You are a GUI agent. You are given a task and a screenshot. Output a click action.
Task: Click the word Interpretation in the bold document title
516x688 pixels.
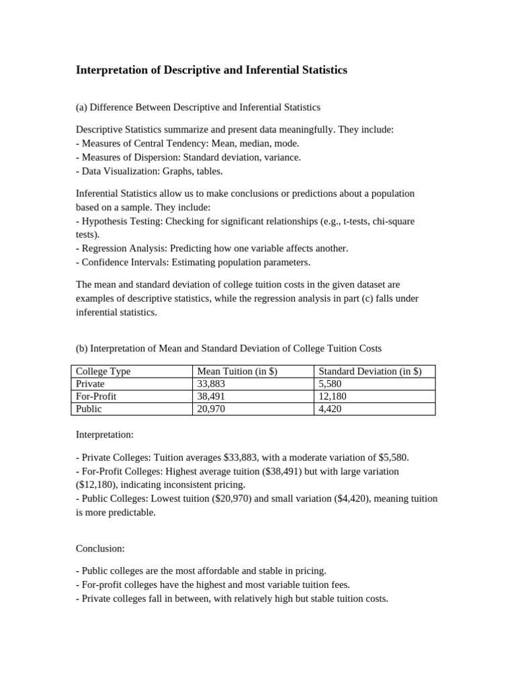point(108,70)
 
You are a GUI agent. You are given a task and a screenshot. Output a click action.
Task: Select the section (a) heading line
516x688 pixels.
point(198,107)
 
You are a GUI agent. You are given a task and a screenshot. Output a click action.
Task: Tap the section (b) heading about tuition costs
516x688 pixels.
point(228,348)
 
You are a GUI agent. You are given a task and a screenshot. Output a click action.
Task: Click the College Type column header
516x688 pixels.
point(103,372)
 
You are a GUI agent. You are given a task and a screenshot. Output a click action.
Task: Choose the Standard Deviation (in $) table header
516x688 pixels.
point(370,372)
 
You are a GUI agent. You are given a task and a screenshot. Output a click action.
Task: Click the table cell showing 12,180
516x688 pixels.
point(333,396)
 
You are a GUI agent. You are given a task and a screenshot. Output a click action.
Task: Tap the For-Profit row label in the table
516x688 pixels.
point(96,396)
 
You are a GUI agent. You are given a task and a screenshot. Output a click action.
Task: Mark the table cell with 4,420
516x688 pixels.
point(330,408)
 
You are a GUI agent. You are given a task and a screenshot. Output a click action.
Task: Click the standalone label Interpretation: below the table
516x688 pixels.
point(105,435)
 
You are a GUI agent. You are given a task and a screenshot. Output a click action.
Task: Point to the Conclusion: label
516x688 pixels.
point(100,548)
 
